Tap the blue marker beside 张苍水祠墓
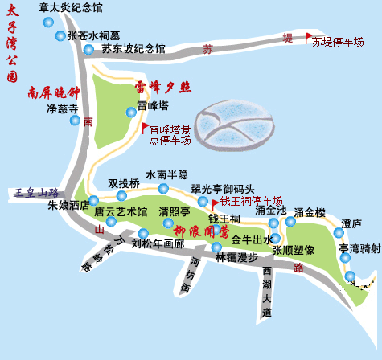[60, 35]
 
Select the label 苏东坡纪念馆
[133, 49]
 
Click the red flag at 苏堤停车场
[308, 37]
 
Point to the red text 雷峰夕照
[162, 87]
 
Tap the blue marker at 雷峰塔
[131, 112]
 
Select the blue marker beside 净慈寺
[75, 121]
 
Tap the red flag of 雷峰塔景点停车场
[146, 127]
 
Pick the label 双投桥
[124, 183]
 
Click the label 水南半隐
[166, 174]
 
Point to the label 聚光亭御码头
[222, 189]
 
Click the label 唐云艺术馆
[121, 212]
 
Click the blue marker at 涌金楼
[290, 222]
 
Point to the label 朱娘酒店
[68, 206]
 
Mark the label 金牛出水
[252, 240]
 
